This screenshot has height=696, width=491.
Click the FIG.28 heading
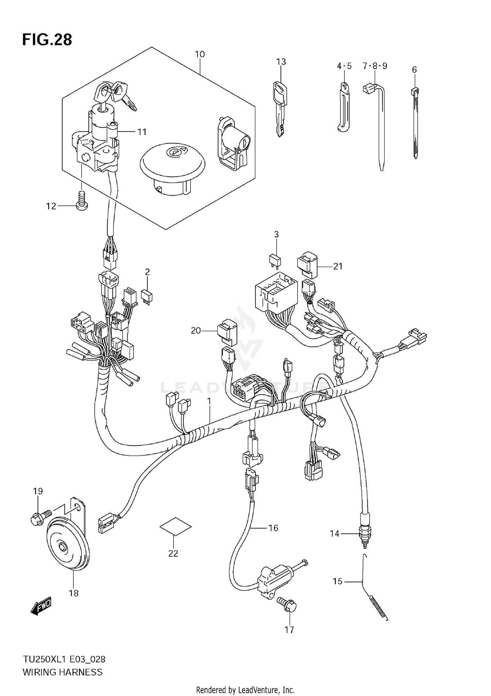coord(47,40)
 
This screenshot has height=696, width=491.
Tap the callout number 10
coord(200,54)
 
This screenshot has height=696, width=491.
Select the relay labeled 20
coord(227,332)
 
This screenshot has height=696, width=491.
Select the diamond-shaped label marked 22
coord(175,526)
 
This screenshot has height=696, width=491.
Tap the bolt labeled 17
coord(288,605)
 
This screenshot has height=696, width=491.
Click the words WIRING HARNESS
coord(63,672)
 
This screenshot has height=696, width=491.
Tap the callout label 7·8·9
coord(374,66)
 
